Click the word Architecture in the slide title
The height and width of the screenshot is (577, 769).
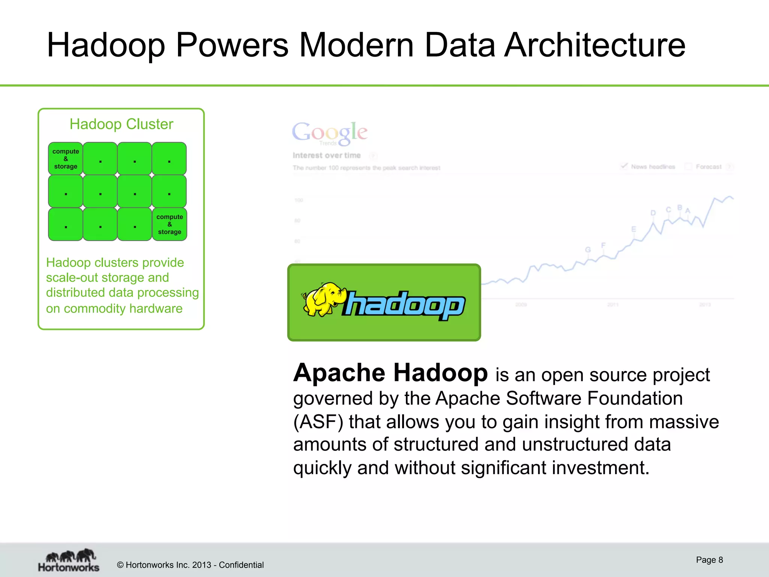click(594, 45)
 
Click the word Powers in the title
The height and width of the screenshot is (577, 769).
click(232, 45)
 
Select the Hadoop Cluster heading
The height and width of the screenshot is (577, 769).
click(121, 124)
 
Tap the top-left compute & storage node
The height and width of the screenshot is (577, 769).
click(66, 159)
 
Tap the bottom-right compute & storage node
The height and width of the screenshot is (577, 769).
click(169, 224)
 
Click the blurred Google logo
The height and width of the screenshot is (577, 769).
click(330, 132)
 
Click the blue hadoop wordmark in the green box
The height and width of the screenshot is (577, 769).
click(404, 305)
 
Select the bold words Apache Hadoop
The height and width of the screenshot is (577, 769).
click(391, 373)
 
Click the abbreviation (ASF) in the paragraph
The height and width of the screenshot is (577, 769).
click(318, 422)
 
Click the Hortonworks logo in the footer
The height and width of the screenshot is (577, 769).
click(69, 560)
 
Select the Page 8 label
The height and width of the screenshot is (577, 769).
click(709, 560)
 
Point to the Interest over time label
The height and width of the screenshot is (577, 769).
click(327, 156)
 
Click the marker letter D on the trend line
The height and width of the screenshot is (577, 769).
click(653, 213)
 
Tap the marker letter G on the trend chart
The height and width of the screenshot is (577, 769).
click(588, 250)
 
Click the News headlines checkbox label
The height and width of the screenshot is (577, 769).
click(653, 166)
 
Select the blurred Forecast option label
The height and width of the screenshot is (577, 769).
click(708, 166)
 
